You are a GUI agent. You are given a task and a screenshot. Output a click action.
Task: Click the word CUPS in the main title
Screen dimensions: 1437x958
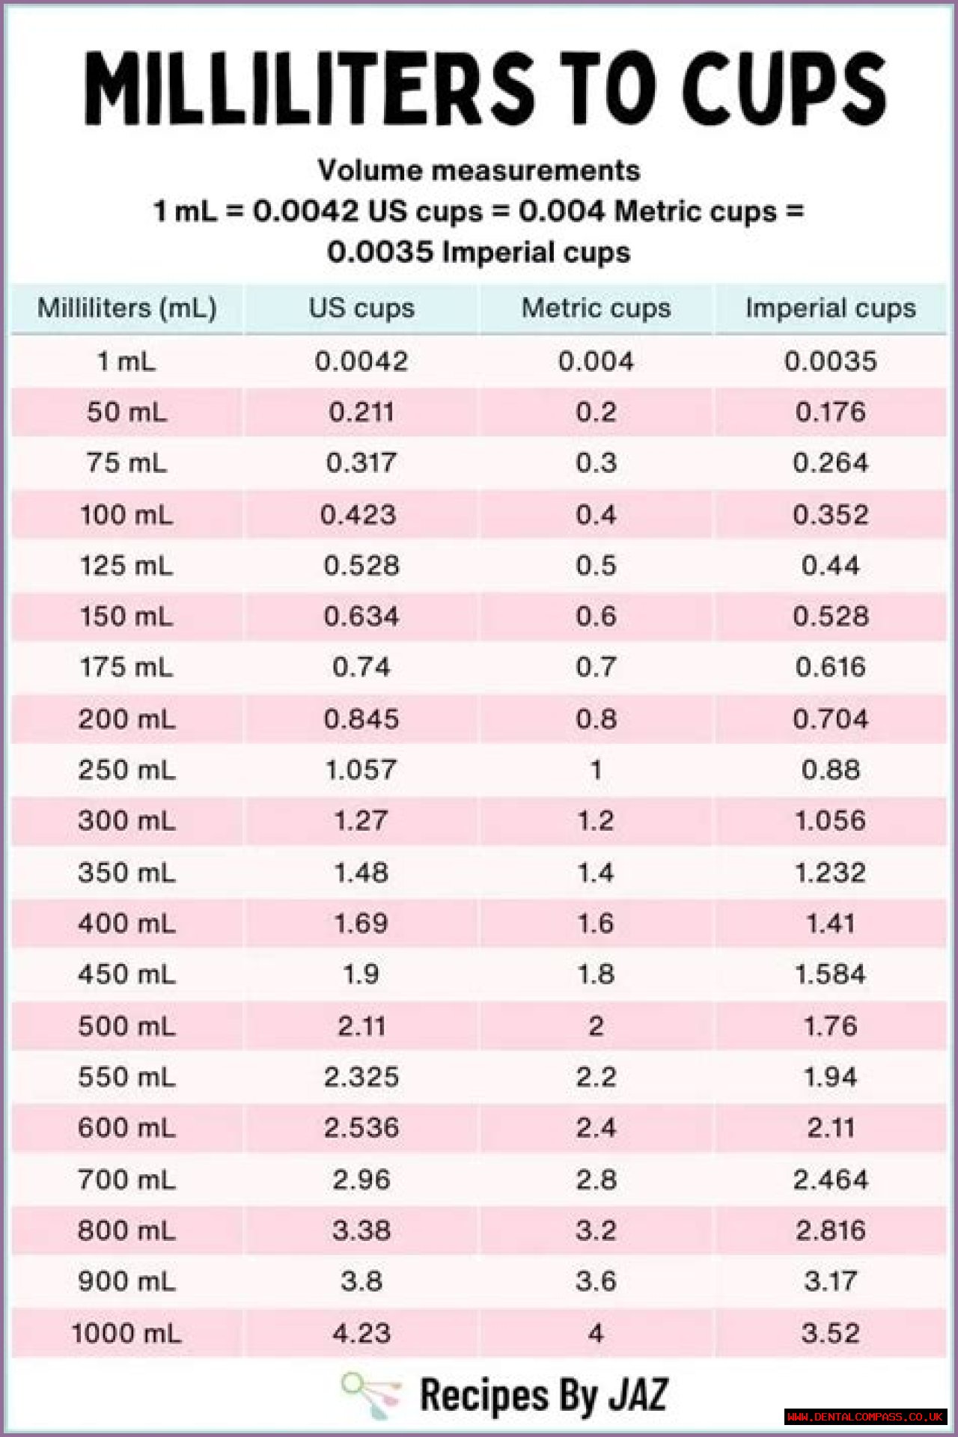coord(784,88)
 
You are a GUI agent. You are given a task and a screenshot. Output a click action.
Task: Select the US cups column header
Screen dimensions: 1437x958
coord(361,308)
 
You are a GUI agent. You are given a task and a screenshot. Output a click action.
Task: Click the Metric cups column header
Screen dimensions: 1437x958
coord(596,308)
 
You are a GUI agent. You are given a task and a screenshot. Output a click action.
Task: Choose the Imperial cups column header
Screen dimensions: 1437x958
coord(830,308)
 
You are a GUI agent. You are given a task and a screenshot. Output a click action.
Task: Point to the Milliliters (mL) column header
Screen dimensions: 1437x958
coord(126,308)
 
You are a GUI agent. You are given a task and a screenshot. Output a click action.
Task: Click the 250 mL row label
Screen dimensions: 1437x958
coord(126,769)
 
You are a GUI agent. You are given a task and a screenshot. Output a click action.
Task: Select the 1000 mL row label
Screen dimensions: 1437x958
coord(126,1333)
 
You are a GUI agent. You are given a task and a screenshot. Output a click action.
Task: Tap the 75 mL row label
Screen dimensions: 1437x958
coord(126,463)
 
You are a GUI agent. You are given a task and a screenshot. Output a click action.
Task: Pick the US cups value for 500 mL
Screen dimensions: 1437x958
coord(361,1025)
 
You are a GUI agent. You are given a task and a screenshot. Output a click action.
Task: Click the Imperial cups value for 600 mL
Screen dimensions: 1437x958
coord(830,1128)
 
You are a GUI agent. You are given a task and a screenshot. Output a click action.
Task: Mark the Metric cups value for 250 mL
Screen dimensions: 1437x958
coord(596,769)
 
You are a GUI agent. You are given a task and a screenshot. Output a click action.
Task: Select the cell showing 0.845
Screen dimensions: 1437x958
coord(361,719)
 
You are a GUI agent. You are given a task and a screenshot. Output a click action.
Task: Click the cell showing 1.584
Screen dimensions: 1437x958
coord(830,974)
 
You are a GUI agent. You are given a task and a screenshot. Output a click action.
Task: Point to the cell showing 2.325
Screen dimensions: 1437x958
coord(361,1077)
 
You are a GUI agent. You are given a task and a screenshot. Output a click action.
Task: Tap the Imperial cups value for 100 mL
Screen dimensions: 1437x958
coord(830,515)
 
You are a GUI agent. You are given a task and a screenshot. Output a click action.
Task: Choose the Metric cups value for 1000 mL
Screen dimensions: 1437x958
coord(596,1333)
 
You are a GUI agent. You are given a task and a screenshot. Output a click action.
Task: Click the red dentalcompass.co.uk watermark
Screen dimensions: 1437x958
coord(865,1417)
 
